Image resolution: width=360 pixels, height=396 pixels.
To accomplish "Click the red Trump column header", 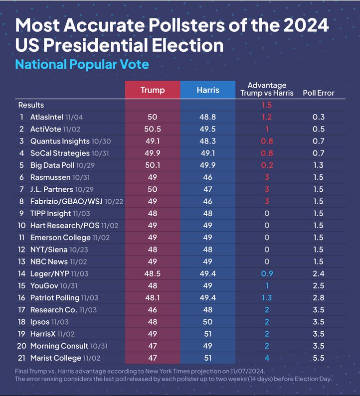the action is [153, 90].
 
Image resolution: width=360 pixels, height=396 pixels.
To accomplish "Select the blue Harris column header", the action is [208, 90].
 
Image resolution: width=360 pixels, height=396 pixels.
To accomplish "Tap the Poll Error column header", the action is [319, 93].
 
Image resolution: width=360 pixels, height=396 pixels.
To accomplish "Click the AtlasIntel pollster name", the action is [47, 117].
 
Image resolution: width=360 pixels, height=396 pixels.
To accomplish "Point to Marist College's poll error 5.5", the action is [319, 358].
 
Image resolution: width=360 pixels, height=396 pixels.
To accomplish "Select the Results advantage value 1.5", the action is [267, 105].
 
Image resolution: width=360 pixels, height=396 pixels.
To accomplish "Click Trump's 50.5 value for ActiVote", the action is [153, 129].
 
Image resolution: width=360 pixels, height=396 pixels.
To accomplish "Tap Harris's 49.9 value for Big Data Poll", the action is [207, 165].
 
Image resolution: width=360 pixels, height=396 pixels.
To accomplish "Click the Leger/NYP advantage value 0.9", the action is [267, 273].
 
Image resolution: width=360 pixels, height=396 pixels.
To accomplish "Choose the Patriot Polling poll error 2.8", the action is [319, 298].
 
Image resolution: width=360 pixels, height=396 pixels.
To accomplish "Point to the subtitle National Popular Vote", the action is [82, 64].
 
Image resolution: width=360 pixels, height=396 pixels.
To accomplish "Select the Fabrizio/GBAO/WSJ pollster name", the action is [66, 201].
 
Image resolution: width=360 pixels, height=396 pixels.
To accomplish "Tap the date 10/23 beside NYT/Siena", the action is [79, 250].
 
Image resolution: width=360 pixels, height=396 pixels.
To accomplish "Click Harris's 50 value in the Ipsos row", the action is [207, 322].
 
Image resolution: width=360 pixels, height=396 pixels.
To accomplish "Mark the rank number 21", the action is [21, 358].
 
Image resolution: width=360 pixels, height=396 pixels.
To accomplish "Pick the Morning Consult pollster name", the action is [59, 346].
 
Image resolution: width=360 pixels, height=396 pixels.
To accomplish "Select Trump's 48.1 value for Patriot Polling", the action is [153, 298].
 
